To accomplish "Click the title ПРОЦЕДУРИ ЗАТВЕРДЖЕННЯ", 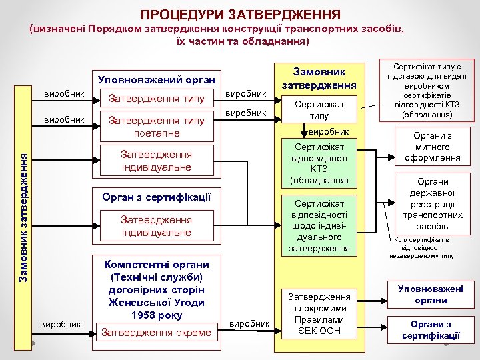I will [x=241, y=14].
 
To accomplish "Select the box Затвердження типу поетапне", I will [x=157, y=126].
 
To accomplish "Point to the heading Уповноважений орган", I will [x=157, y=79].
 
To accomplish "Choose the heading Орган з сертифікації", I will [x=157, y=197].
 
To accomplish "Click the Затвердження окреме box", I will [x=157, y=332].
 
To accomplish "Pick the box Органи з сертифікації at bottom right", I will [x=431, y=329].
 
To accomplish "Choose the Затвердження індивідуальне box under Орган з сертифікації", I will [x=157, y=226].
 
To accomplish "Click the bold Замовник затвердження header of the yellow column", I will [x=319, y=78].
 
